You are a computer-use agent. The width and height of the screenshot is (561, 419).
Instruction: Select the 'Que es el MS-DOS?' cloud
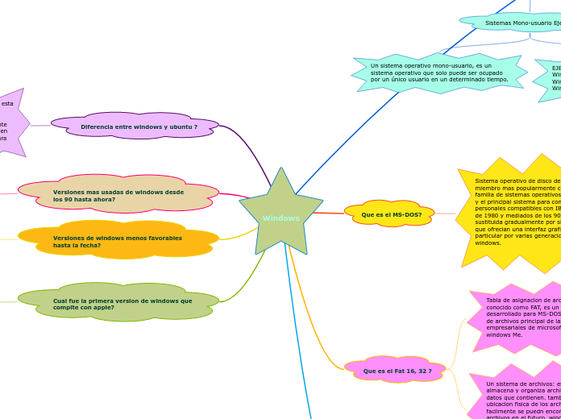coord(389,214)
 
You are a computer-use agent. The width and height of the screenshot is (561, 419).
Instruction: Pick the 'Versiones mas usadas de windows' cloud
coord(118,194)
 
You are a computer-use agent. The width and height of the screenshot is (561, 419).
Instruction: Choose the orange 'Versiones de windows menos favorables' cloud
coord(118,240)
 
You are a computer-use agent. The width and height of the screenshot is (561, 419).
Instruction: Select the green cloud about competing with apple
coord(118,302)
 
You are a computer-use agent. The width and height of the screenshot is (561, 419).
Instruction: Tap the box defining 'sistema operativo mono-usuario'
coord(438,73)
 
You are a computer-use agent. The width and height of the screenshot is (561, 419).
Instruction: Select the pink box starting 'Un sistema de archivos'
coord(520,399)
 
